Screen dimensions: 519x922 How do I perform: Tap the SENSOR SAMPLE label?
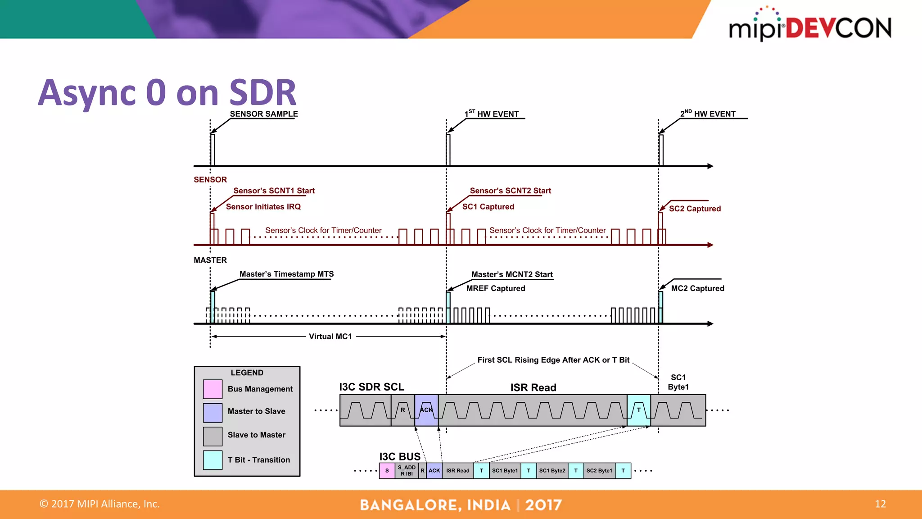[264, 114]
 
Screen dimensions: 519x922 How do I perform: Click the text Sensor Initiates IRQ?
[263, 207]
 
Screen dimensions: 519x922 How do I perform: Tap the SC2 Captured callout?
[695, 209]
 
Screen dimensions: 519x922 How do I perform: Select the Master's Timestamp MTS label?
[286, 274]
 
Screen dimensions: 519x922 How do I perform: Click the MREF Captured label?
[495, 288]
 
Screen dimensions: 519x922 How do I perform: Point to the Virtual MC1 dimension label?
[330, 337]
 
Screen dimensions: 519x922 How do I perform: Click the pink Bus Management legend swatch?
[212, 389]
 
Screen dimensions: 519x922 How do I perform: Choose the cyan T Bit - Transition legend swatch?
[212, 460]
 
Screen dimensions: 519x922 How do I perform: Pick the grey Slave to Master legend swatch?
[212, 436]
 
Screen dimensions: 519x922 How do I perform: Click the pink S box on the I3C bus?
[387, 471]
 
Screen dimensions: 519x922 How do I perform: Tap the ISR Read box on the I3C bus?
[457, 471]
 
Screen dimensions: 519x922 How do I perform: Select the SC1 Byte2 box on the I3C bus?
[552, 471]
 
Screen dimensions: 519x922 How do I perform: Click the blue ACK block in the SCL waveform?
[426, 410]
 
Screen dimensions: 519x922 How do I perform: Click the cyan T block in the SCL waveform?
[638, 410]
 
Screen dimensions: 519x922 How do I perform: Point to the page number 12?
[880, 504]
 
